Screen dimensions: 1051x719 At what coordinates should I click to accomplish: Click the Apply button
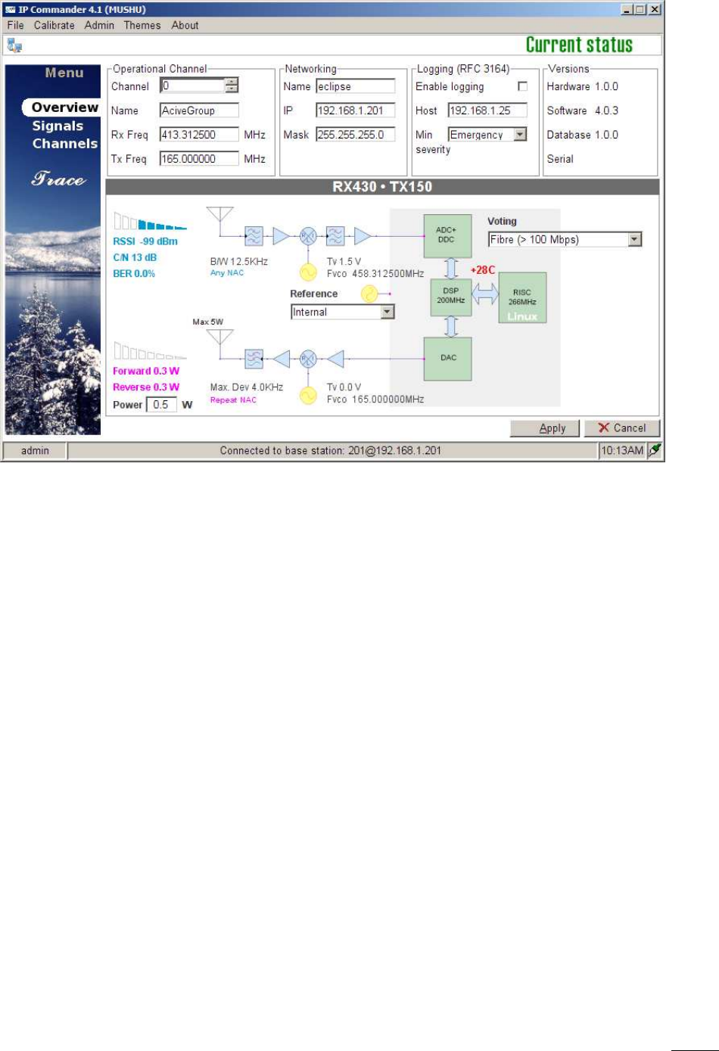544,428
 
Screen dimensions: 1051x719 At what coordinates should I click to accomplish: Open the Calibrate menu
54,25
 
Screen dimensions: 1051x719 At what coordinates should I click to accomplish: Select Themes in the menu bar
142,25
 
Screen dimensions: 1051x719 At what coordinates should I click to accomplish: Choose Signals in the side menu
58,126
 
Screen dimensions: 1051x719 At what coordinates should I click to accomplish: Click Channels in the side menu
65,144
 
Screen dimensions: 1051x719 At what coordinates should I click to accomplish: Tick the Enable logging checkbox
522,86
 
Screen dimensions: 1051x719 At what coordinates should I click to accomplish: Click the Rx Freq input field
199,135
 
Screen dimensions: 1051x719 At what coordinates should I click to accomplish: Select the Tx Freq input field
199,159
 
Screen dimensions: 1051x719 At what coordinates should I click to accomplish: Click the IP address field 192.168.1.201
355,110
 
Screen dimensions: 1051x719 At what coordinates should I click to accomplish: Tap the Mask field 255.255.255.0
355,135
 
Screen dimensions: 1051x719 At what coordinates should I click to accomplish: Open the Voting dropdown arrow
635,240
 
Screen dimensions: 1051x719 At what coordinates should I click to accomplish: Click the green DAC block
449,358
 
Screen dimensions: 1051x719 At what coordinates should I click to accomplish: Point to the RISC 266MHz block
522,297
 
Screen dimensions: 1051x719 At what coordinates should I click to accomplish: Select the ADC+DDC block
447,235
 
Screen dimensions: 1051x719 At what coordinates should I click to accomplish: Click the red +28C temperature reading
483,270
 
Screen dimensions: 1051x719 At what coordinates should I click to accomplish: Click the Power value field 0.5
161,405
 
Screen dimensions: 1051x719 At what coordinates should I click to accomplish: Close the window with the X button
655,10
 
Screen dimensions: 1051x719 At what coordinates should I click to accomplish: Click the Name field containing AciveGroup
199,110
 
